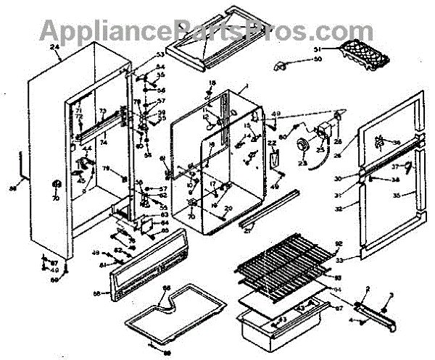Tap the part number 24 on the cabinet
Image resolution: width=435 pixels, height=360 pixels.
[x=54, y=49]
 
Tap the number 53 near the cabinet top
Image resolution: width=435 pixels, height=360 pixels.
[x=160, y=56]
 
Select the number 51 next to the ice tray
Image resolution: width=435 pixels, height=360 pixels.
[x=317, y=49]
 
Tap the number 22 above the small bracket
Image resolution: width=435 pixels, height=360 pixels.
[x=272, y=145]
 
